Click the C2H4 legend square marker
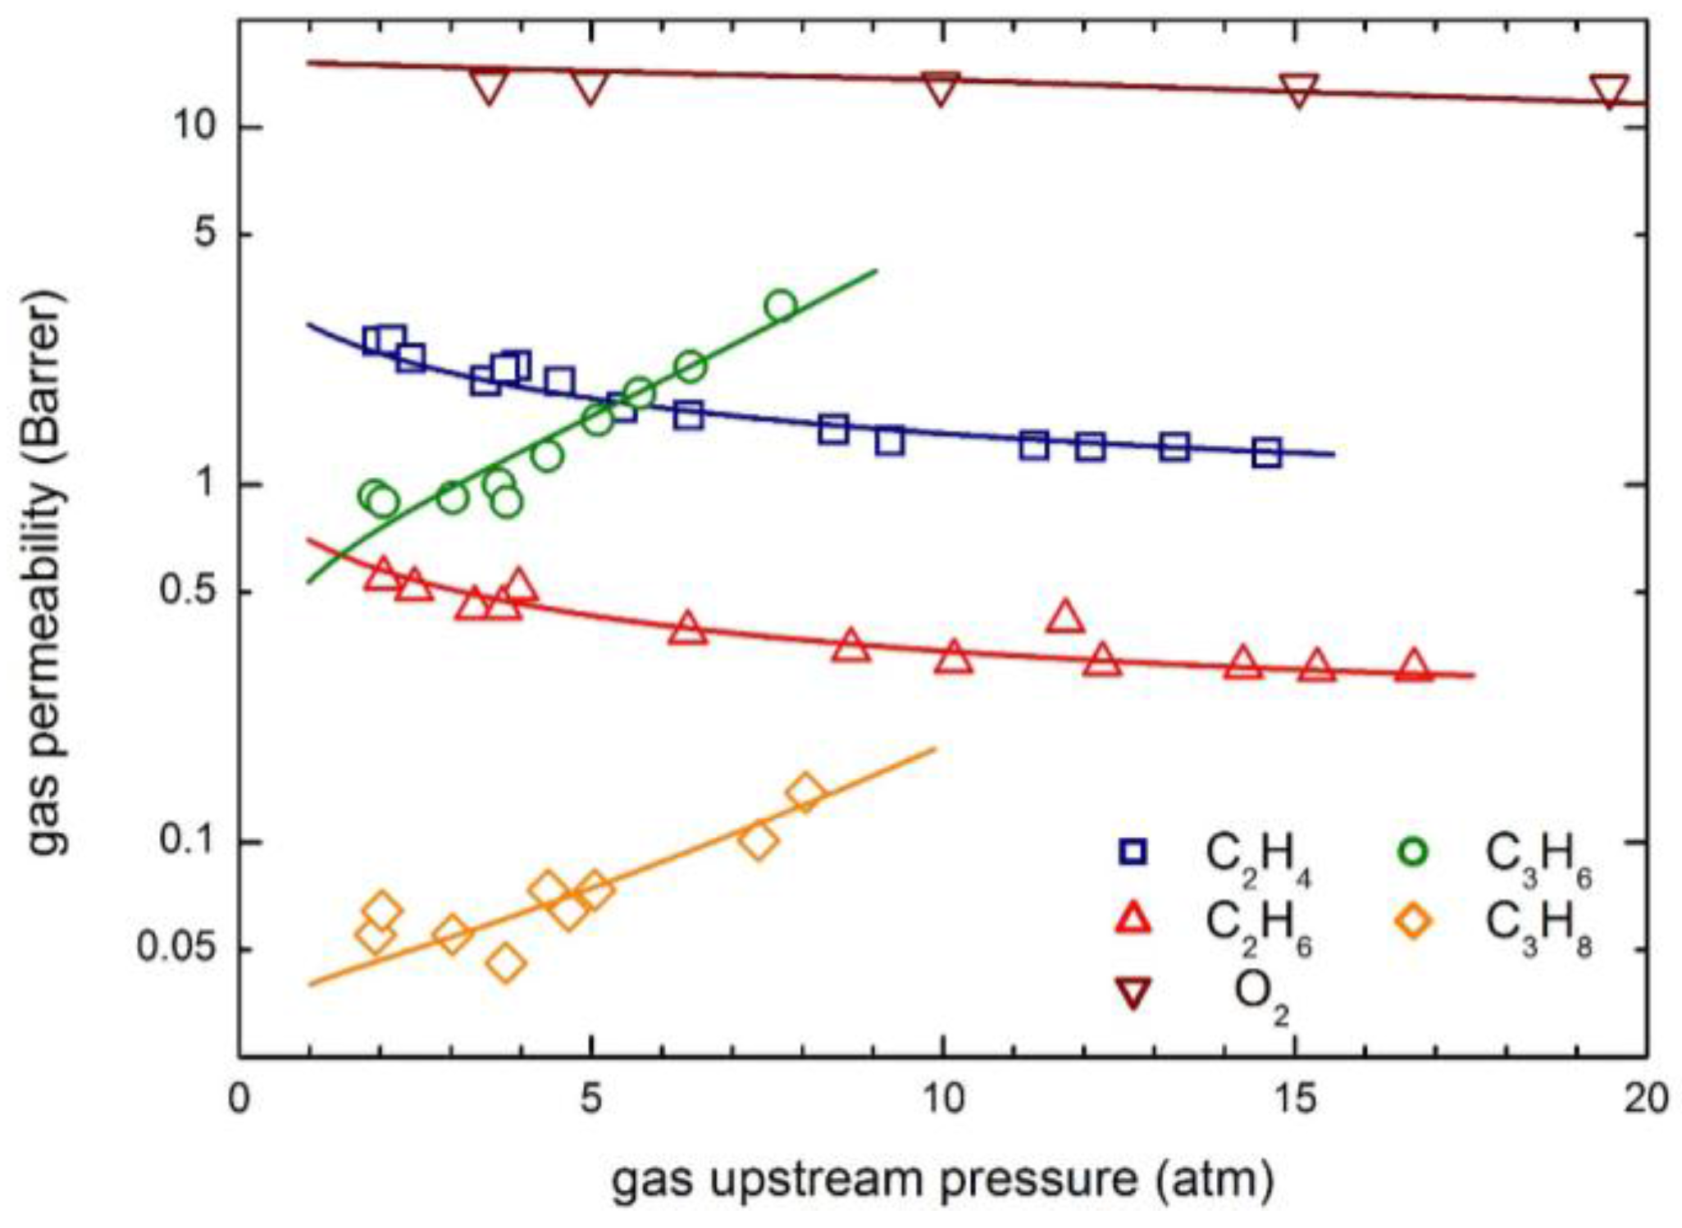coord(1133,852)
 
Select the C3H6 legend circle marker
coord(1412,852)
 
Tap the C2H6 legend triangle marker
coord(1133,921)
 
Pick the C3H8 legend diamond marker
coord(1412,921)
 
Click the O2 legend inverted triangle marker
coord(1133,993)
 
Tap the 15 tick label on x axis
coord(1294,1100)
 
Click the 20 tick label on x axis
coord(1645,1100)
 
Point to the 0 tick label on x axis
coord(239,1100)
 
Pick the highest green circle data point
coord(781,306)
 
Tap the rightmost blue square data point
coord(1267,453)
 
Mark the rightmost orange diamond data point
coord(805,793)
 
